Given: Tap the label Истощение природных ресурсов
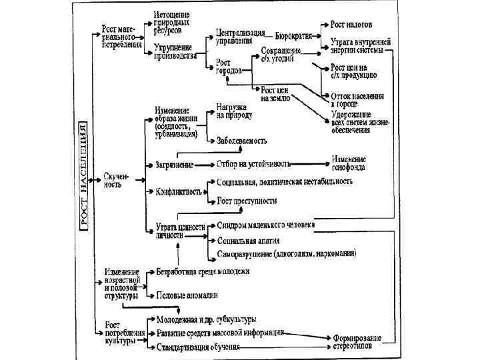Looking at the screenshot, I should coord(172,23).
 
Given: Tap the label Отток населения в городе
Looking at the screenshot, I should coord(357,99).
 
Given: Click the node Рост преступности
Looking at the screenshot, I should coord(247,200).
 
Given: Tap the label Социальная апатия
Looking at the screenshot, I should coord(248,240).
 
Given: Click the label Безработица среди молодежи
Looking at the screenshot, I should coord(203,271).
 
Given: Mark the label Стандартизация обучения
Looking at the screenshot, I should coord(198,347).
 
